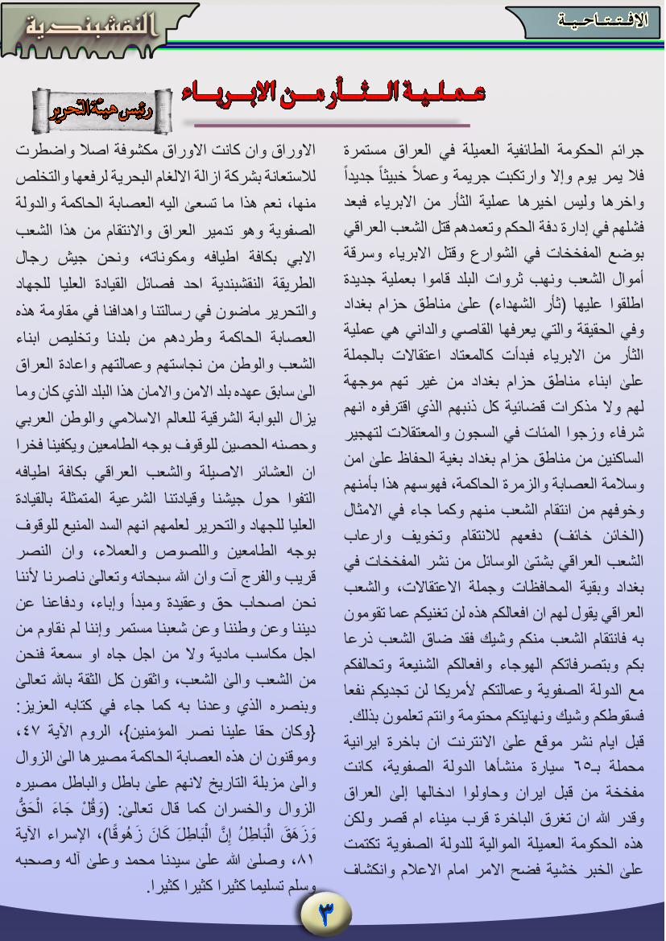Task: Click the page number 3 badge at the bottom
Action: click(x=326, y=912)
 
